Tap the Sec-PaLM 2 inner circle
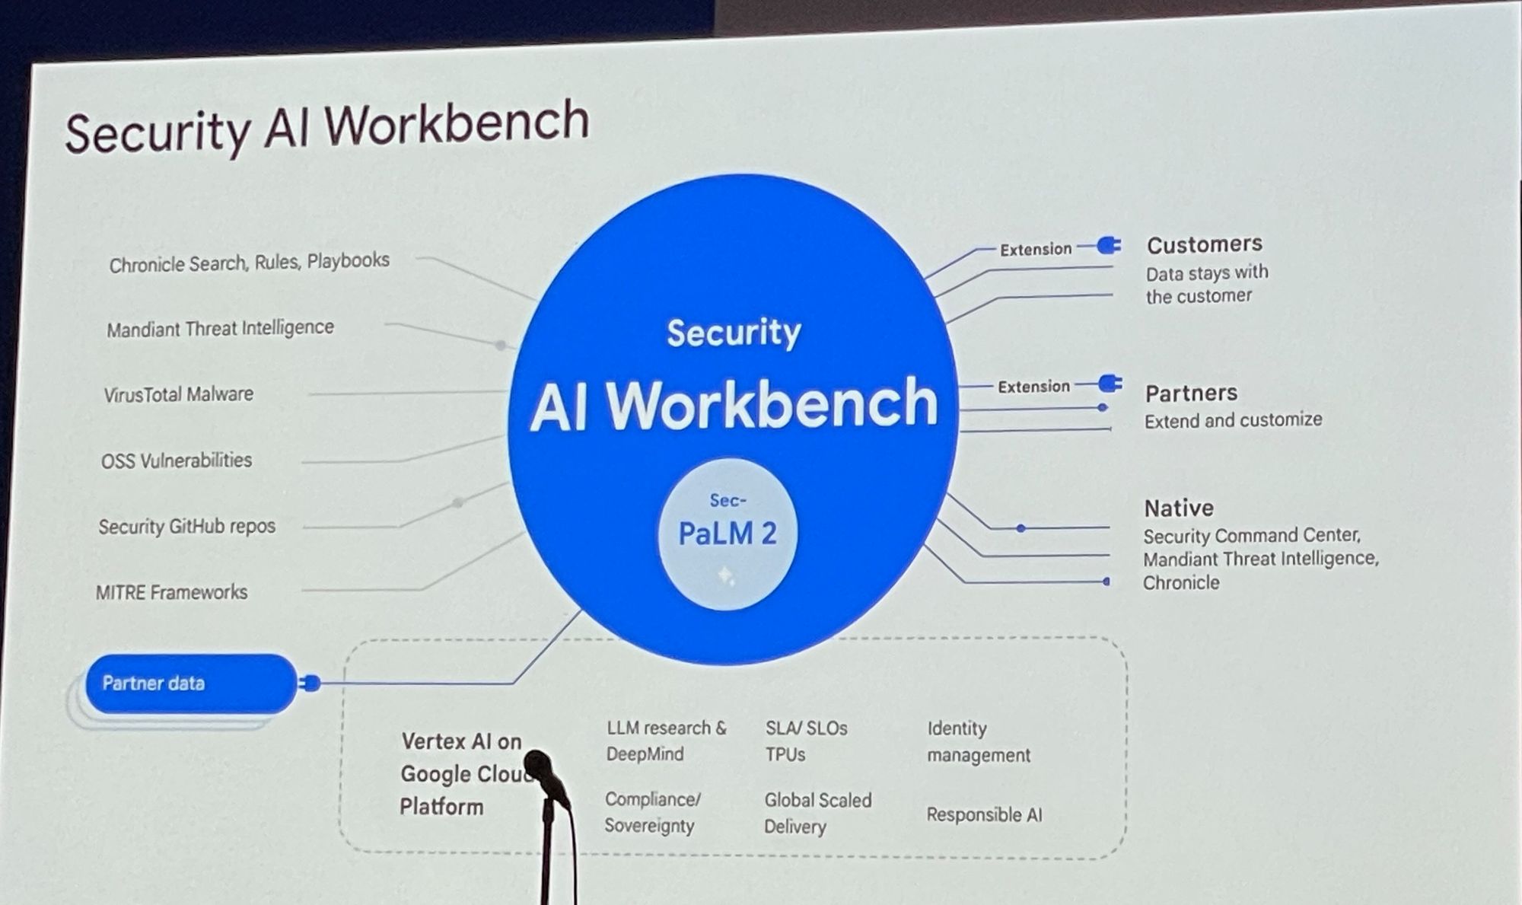click(x=728, y=534)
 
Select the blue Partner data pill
click(x=190, y=683)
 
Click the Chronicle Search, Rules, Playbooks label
click(x=249, y=263)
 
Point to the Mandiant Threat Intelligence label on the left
click(x=220, y=329)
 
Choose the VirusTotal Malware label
click(x=179, y=394)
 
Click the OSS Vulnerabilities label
click(x=177, y=460)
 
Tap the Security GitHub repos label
click(x=186, y=526)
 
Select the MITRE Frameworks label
click(x=172, y=592)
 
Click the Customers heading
click(x=1204, y=244)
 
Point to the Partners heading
click(x=1191, y=393)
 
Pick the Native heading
click(x=1179, y=508)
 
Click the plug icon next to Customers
click(x=1110, y=245)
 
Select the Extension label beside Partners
click(x=1033, y=387)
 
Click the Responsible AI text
click(x=984, y=814)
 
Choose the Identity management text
click(x=978, y=741)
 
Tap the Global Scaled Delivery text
click(x=817, y=813)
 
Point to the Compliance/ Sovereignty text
click(x=651, y=812)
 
